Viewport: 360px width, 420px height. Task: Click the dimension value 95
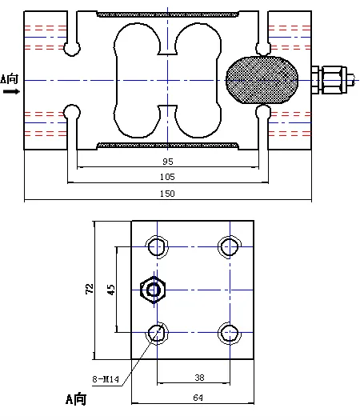167,160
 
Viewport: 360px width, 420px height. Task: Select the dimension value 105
167,177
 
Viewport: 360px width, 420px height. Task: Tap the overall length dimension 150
167,194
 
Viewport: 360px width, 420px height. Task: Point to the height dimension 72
90,288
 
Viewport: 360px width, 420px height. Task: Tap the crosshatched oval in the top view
262,81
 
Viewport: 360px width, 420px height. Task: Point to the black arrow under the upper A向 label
10,92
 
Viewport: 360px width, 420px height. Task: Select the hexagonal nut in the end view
150,290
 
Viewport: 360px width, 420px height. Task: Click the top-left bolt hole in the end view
158,245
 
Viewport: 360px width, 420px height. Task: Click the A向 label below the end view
76,398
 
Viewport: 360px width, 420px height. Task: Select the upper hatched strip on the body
167,14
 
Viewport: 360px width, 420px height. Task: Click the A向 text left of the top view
10,79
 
